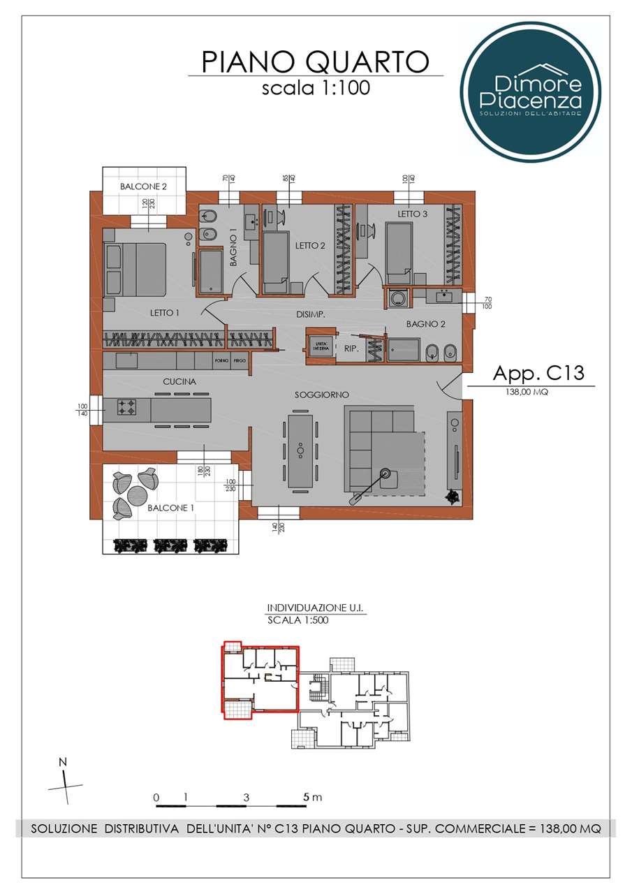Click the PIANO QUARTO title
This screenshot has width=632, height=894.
click(x=315, y=61)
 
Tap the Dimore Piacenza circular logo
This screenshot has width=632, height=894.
click(x=530, y=91)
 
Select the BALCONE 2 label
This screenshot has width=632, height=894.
click(x=143, y=186)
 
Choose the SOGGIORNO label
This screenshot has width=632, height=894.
click(x=321, y=395)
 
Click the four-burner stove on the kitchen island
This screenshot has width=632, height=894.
click(x=126, y=408)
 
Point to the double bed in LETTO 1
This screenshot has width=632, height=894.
click(x=135, y=270)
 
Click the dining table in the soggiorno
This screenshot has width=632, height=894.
click(x=301, y=450)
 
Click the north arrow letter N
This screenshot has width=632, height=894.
click(x=63, y=762)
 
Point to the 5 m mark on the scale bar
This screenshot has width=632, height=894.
click(x=306, y=797)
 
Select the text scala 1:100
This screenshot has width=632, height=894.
click(x=315, y=88)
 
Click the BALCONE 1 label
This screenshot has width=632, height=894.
click(x=170, y=508)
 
